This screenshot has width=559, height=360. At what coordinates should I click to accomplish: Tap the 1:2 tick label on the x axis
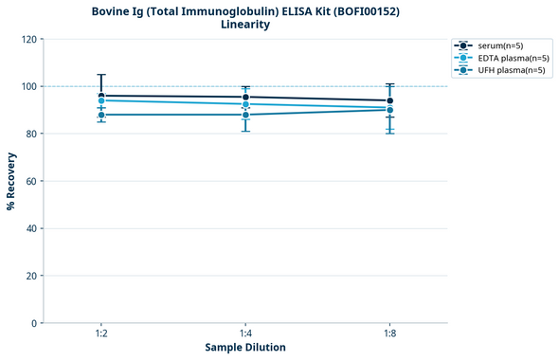pyautogui.click(x=100, y=334)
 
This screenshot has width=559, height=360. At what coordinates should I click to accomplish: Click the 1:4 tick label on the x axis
pyautogui.click(x=245, y=334)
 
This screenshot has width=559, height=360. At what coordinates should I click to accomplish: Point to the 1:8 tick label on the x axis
pyautogui.click(x=389, y=334)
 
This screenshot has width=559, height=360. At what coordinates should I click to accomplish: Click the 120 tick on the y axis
pyautogui.click(x=28, y=39)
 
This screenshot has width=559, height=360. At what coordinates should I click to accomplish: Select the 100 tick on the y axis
pyautogui.click(x=28, y=86)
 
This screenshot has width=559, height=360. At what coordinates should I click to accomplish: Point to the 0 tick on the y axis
pyautogui.click(x=34, y=323)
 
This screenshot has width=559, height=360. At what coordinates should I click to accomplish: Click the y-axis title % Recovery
pyautogui.click(x=11, y=181)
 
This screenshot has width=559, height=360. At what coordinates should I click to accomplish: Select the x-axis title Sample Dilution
pyautogui.click(x=245, y=348)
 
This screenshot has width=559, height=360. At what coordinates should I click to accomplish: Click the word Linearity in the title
pyautogui.click(x=245, y=25)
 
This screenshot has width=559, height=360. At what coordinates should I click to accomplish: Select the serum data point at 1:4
pyautogui.click(x=245, y=97)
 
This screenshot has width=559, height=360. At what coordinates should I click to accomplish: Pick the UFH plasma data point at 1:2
pyautogui.click(x=100, y=115)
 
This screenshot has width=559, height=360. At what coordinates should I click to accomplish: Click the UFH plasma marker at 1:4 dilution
pyautogui.click(x=245, y=115)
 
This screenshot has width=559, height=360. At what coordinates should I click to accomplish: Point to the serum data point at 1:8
pyautogui.click(x=389, y=100)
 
